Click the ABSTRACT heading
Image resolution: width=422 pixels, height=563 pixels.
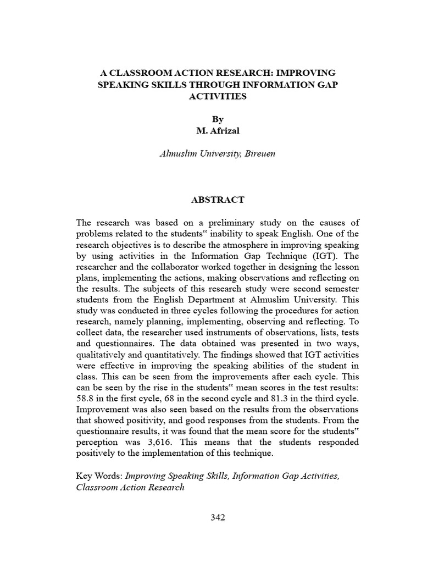218,200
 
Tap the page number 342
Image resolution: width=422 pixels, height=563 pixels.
218,517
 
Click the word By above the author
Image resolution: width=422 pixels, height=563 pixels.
218,119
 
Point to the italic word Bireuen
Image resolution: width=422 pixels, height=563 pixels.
258,153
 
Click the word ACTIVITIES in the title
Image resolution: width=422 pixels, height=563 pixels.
218,96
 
